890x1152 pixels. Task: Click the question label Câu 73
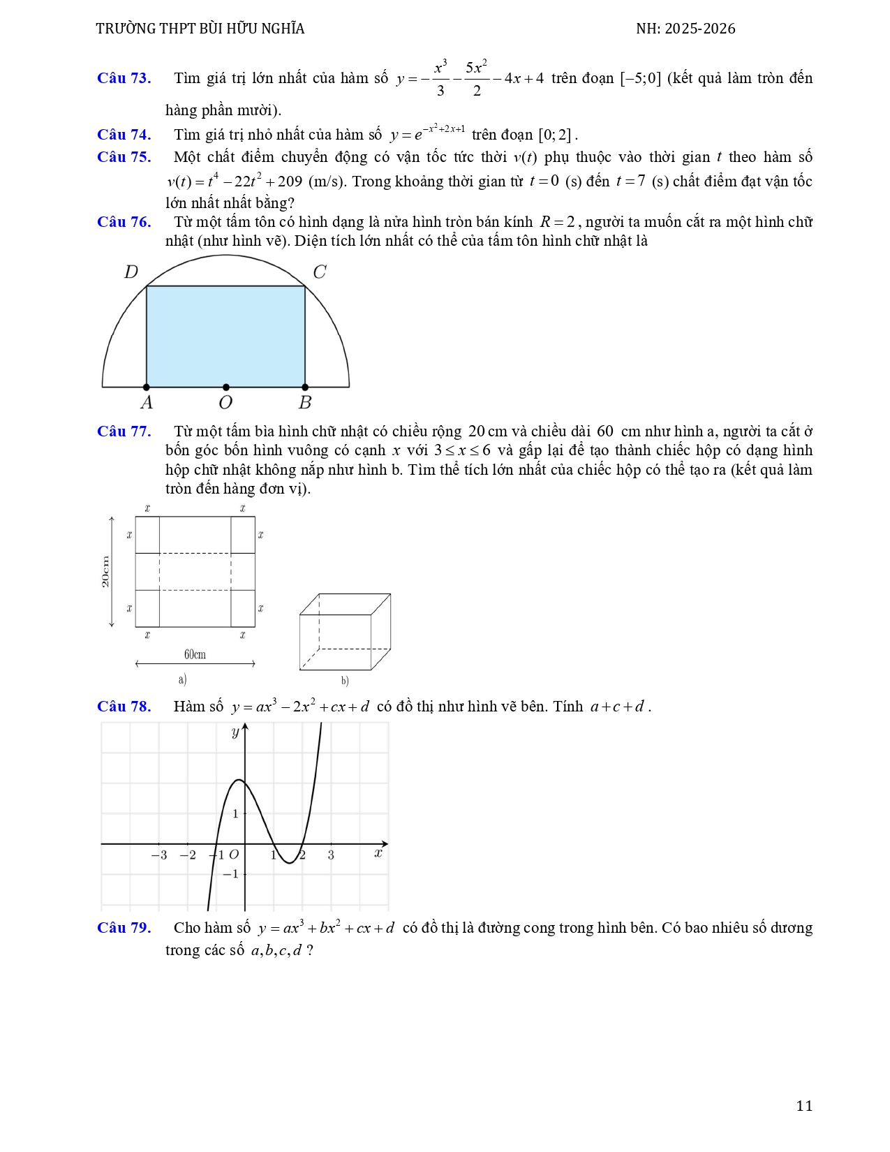coord(124,78)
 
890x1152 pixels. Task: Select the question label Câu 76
coord(124,222)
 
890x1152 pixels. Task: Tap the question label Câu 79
coord(124,928)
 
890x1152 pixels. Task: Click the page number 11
coord(804,1105)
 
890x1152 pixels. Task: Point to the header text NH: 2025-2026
coord(685,29)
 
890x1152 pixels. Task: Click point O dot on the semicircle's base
coord(225,387)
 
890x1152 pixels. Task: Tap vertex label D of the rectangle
coord(131,272)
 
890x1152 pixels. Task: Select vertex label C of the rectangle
coord(320,272)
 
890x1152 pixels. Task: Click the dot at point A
coord(147,387)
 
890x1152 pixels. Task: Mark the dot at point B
coord(305,387)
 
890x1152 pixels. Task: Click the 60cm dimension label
coord(195,654)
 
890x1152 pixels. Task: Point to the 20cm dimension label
coord(105,572)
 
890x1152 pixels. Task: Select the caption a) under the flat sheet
coord(182,679)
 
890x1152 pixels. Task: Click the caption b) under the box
coord(345,681)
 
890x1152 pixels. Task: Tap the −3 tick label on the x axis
coord(159,855)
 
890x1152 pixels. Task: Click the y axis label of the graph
coord(235,732)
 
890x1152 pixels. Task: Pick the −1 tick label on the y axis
coord(230,874)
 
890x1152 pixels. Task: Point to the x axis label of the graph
coord(378,852)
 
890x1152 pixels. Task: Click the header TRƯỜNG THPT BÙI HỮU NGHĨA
coord(200,29)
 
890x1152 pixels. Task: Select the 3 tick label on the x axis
coord(331,855)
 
